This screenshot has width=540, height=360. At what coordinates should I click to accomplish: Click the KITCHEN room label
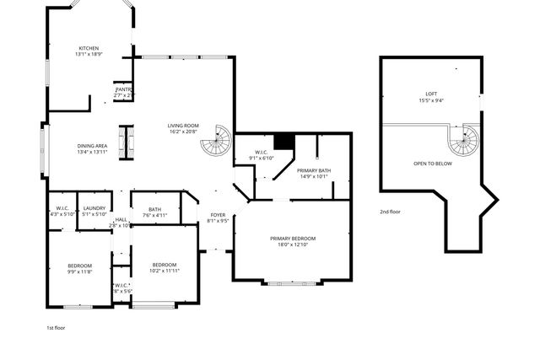pos(90,48)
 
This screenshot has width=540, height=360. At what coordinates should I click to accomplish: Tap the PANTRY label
pos(123,90)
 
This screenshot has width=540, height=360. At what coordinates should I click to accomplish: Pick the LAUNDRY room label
pos(94,207)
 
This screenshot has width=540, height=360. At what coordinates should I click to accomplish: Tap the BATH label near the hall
pos(154,209)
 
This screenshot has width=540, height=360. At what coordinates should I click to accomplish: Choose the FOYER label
pos(217,216)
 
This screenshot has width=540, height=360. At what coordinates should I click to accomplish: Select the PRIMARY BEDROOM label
pos(293,239)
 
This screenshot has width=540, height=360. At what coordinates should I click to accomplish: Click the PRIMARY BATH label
pos(314,171)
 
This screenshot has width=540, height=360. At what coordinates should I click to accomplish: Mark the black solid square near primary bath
pos(284,141)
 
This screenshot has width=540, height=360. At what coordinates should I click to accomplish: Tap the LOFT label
pos(431,94)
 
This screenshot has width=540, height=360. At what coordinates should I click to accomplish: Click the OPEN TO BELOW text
pos(432,164)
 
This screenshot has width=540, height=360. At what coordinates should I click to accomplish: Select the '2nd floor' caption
pos(390,212)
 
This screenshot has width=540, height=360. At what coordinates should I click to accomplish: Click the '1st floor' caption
pos(56,327)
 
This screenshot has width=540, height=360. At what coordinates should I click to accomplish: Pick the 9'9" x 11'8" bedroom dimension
pos(80,271)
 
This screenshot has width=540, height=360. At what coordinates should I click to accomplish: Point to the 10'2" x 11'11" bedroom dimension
pos(165,271)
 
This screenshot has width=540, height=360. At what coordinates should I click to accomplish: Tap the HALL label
pos(121,220)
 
